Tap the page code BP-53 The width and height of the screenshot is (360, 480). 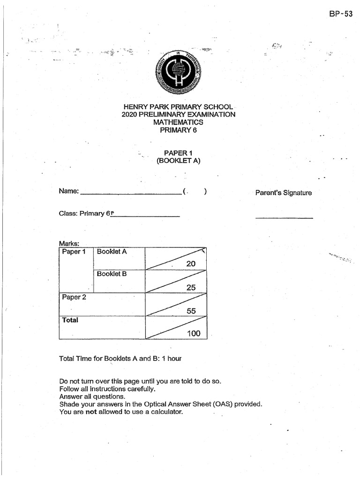341,14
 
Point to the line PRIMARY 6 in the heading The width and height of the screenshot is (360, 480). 179,130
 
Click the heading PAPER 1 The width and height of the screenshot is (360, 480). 178,153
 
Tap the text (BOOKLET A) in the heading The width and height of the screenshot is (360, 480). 179,161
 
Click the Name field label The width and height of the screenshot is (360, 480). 69,191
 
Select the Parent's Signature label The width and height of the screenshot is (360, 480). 283,193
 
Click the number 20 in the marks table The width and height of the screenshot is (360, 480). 191,264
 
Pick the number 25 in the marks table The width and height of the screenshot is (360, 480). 191,288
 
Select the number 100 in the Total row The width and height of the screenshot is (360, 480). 193,334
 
